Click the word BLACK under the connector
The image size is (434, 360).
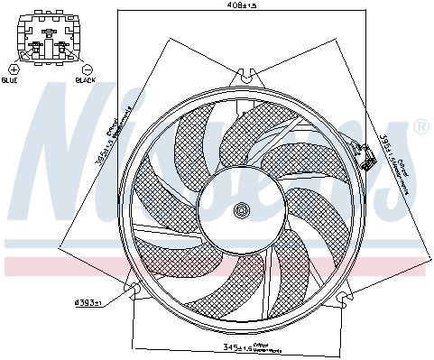[87, 80]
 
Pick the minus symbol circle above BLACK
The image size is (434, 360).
[87, 69]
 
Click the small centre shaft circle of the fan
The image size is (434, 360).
[241, 210]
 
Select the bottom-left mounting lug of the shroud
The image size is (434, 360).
[136, 290]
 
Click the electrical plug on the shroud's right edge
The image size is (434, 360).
[368, 163]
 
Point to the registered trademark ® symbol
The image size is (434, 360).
[420, 128]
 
